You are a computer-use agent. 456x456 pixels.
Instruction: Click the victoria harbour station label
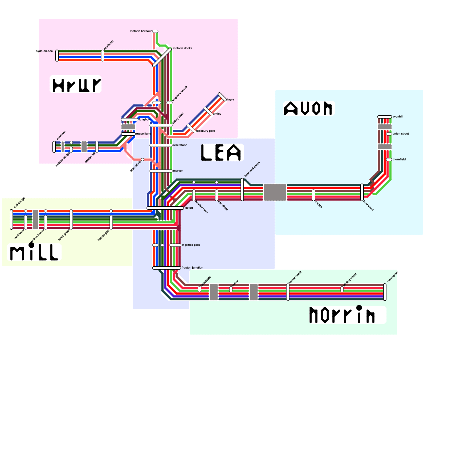coord(141,31)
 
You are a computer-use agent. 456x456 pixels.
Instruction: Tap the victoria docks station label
coord(182,48)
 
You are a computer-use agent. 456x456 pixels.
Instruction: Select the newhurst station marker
coord(103,56)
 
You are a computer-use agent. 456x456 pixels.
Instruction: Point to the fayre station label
coord(231,99)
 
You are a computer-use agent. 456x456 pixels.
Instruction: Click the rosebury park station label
coord(205,131)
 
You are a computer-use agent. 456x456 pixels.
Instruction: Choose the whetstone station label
coord(180,145)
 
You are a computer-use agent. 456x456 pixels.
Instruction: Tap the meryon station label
coord(178,171)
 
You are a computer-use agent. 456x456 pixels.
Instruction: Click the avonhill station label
coord(398,117)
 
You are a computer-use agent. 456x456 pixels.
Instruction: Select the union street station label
coord(400,134)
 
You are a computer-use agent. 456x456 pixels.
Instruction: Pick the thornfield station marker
coord(389,160)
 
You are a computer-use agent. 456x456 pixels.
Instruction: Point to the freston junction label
coord(192,268)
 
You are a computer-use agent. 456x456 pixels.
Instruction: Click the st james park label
coord(191,245)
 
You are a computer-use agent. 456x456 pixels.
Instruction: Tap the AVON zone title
coord(309,109)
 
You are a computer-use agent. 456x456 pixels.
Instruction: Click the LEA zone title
coord(222,152)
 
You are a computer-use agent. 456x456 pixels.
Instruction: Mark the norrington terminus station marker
coord(385,292)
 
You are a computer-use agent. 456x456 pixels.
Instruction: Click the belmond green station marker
coord(242,190)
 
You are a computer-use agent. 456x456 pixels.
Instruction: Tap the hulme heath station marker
coord(288,292)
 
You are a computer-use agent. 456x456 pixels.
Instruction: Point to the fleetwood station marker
coord(362,192)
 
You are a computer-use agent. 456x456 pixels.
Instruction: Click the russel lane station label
coord(143,134)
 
